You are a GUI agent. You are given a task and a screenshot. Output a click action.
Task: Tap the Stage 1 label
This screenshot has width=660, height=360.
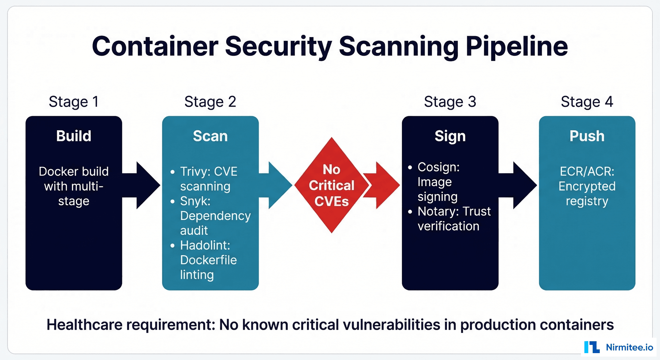coord(74,102)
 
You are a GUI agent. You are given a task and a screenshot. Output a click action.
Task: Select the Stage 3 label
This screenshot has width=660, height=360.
coord(450,102)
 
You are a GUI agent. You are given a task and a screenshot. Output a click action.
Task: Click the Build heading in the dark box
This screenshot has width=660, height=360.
coord(74,136)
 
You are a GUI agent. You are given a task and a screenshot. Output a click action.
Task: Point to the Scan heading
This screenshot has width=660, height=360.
coord(210,136)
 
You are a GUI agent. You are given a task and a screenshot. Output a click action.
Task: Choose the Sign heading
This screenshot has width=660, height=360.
coord(450,136)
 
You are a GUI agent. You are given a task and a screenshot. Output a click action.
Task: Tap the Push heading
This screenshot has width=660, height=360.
coord(586,136)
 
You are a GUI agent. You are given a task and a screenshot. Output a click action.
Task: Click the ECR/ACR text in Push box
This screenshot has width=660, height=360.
coord(586,171)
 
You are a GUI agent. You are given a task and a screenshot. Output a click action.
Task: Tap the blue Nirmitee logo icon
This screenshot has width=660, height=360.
coord(592,347)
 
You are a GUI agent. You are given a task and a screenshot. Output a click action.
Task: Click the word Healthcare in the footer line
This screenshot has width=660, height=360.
coord(84,325)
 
